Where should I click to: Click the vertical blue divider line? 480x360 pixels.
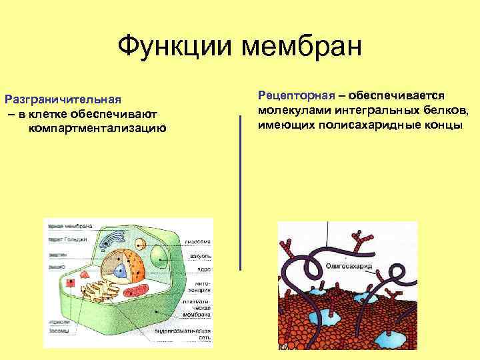tap(240, 193)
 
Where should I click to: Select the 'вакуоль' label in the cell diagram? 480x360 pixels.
tap(199, 255)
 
